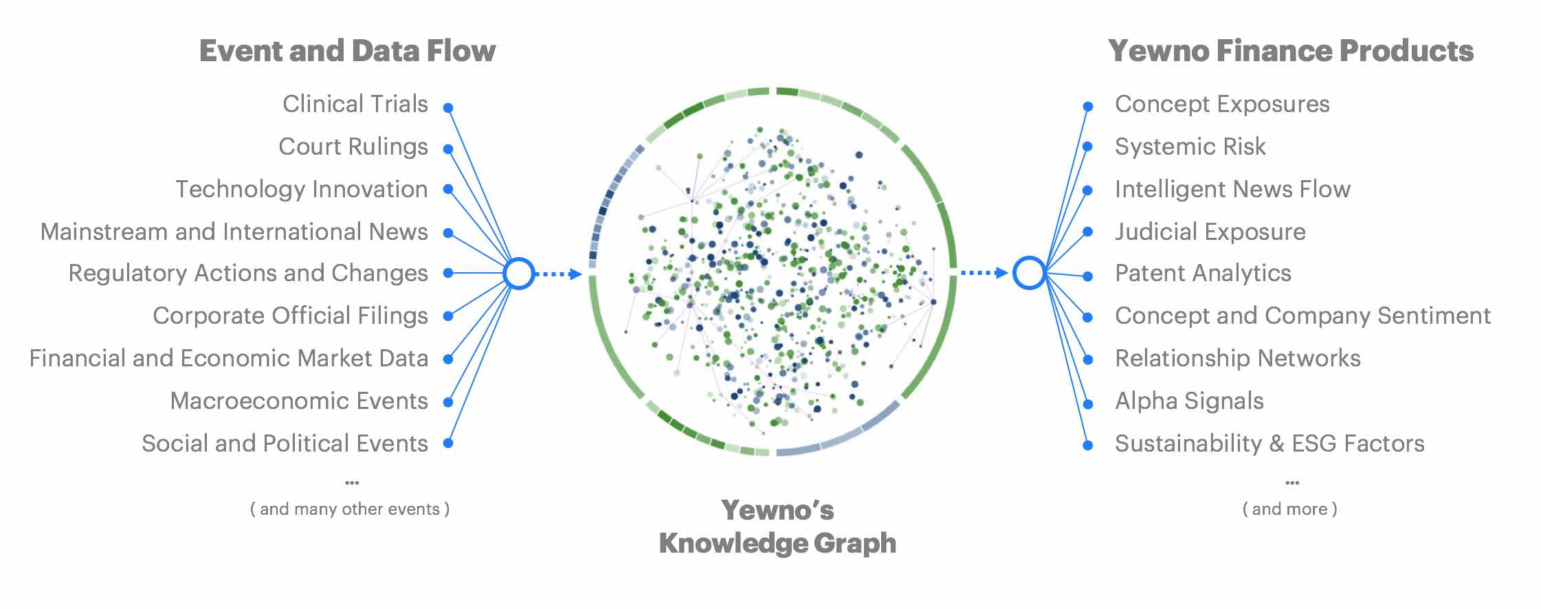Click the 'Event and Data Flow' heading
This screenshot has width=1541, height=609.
coord(347,51)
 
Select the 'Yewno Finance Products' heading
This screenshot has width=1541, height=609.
coord(1290,51)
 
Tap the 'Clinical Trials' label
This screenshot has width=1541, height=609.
coord(355,104)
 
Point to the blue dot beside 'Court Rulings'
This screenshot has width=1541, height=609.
coord(448,149)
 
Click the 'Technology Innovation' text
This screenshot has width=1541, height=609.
coord(301,189)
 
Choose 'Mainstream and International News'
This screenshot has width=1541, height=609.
coord(234,232)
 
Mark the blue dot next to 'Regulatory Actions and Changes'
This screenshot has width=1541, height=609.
coord(448,273)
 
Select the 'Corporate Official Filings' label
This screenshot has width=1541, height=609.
coord(290,315)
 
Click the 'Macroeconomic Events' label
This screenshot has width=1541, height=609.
coord(299,401)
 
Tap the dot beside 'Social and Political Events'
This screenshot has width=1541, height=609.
coord(448,443)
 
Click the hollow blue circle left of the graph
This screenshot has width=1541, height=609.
coord(519,274)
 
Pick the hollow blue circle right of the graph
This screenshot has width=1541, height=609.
coord(1029,273)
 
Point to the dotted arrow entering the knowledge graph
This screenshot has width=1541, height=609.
coord(558,274)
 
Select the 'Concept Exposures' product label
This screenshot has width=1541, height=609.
coord(1221,104)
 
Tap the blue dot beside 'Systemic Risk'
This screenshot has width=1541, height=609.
coord(1088,146)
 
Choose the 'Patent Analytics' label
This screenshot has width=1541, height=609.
coord(1203,273)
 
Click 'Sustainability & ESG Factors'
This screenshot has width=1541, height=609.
coord(1270,443)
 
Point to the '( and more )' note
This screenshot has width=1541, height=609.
coord(1290,509)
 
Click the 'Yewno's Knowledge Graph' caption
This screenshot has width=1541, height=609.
coord(777,527)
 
